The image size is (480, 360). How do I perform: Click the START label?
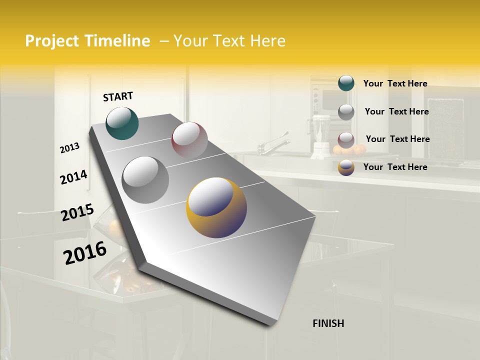(118, 96)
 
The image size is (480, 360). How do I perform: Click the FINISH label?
(328, 323)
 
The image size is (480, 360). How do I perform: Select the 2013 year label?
(69, 147)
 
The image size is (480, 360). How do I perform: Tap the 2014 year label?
(73, 177)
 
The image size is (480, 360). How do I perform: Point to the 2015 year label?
(77, 212)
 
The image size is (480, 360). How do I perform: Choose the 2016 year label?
(85, 252)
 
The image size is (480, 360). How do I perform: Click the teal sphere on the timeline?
(122, 123)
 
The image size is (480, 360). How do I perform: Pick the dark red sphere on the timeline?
(189, 139)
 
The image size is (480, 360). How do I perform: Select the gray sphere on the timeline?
(145, 179)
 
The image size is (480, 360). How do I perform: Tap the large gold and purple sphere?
(216, 207)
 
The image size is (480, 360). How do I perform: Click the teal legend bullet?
(346, 83)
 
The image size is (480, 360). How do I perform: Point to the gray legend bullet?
(346, 111)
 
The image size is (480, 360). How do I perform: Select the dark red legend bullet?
(346, 139)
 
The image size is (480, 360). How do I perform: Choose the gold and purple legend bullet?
(346, 167)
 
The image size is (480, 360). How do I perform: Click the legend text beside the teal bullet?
(395, 83)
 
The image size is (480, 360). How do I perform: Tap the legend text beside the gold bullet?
(395, 167)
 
